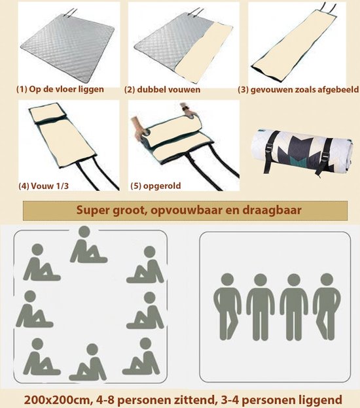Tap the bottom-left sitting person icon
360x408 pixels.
click(x=40, y=357)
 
